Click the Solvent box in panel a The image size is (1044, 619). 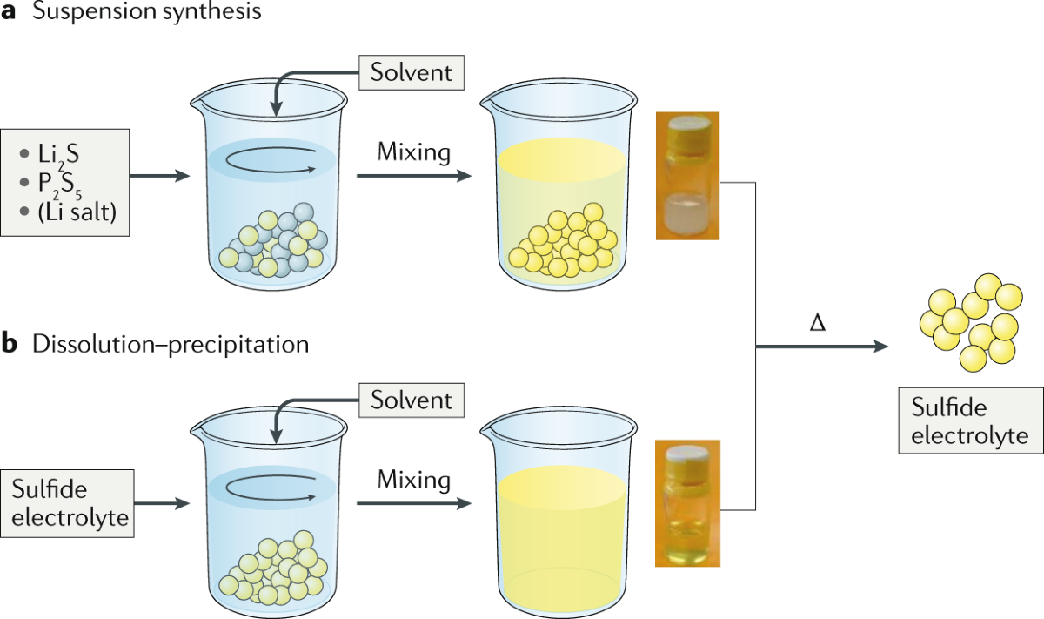pos(412,72)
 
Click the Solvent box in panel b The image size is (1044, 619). pos(412,400)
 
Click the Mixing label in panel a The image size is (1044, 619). pos(413,153)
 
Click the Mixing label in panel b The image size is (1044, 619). pos(413,480)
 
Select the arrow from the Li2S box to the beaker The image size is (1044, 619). pos(159,176)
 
